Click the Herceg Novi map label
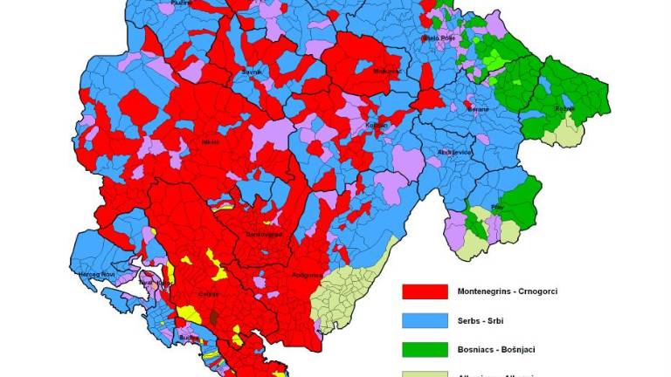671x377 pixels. coord(92,274)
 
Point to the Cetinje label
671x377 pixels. coord(208,295)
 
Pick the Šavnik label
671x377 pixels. coord(228,72)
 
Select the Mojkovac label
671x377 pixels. coord(385,71)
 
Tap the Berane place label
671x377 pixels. coord(477,109)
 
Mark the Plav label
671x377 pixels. coord(499,207)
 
